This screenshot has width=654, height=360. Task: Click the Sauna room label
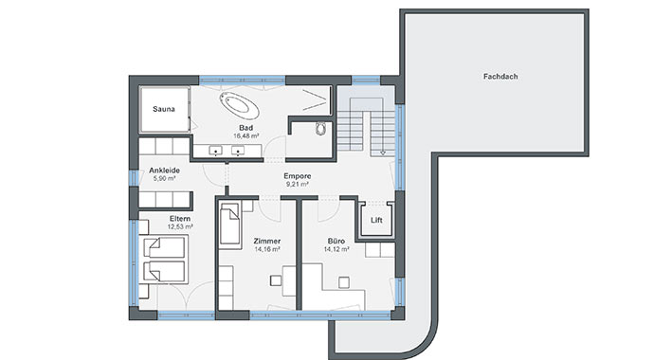pyautogui.click(x=163, y=109)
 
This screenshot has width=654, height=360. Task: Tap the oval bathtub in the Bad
pyautogui.click(x=240, y=105)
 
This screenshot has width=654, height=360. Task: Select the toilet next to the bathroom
pyautogui.click(x=320, y=129)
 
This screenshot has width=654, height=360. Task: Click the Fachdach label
pyautogui.click(x=500, y=77)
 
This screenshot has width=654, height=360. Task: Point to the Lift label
pyautogui.click(x=376, y=220)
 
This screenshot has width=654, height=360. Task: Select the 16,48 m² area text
pyautogui.click(x=246, y=135)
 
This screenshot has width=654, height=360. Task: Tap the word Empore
pyautogui.click(x=298, y=176)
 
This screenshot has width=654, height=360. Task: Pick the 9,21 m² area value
pyautogui.click(x=298, y=184)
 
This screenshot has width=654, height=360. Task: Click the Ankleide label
pyautogui.click(x=164, y=171)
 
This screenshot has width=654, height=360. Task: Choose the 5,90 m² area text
pyautogui.click(x=164, y=178)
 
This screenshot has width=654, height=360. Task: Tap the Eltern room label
pyautogui.click(x=180, y=219)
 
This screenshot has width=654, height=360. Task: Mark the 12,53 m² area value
pyautogui.click(x=180, y=227)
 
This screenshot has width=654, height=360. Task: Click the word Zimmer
pyautogui.click(x=267, y=242)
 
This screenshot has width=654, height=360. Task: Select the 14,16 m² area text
pyautogui.click(x=267, y=249)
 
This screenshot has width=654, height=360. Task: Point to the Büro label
pyautogui.click(x=336, y=242)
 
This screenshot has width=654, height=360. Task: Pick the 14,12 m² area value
pyautogui.click(x=336, y=249)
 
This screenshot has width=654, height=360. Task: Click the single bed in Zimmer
pyautogui.click(x=229, y=225)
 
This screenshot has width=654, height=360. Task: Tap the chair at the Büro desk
pyautogui.click(x=344, y=282)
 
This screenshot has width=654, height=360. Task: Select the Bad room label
pyautogui.click(x=246, y=128)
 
